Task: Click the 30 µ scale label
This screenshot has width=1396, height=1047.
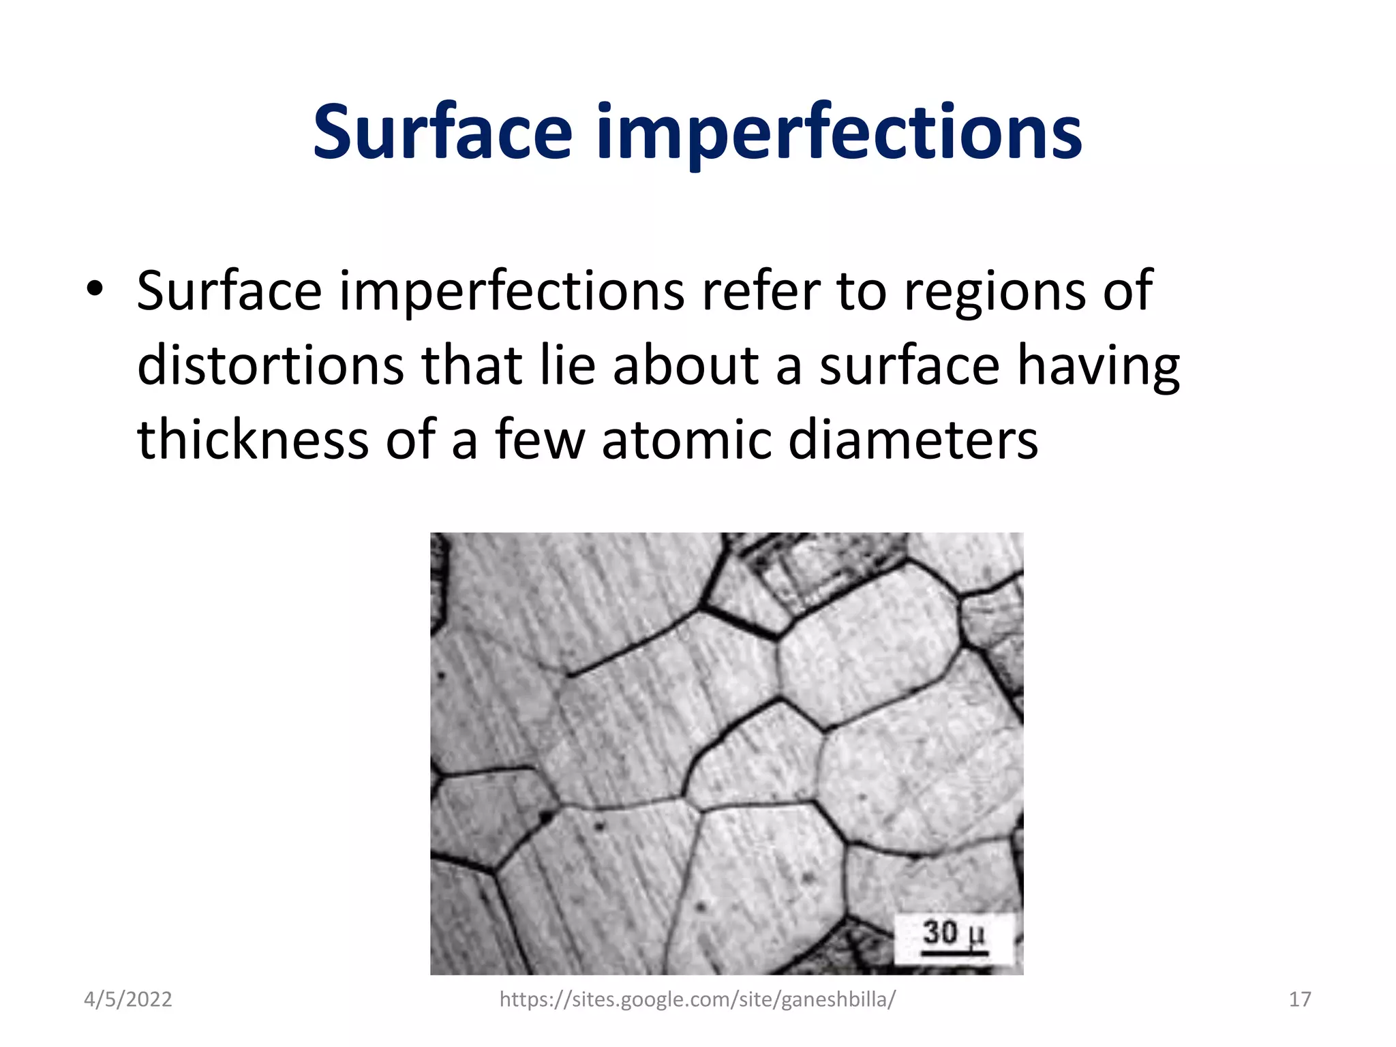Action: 954,932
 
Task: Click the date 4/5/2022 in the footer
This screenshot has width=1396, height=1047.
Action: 127,999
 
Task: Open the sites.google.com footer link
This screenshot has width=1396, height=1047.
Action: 697,999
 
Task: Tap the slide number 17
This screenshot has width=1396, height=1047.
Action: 1300,999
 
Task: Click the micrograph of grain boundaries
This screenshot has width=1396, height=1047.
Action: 727,753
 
